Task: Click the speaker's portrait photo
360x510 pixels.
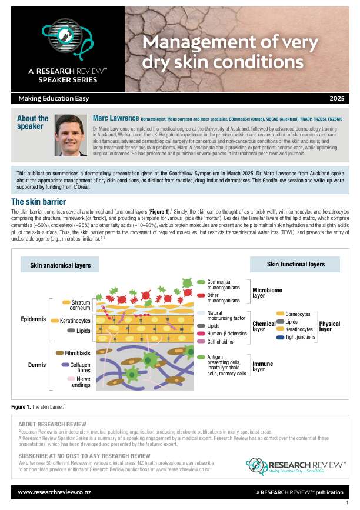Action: click(71, 132)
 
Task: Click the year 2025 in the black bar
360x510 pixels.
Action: click(337, 98)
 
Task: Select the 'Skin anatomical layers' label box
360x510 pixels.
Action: click(61, 265)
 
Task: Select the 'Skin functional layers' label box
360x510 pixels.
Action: click(295, 264)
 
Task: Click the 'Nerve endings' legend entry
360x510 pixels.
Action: click(80, 382)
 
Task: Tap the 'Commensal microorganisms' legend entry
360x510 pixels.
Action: click(224, 285)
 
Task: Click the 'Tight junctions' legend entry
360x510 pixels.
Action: click(300, 337)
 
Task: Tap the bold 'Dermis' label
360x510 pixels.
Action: click(36, 365)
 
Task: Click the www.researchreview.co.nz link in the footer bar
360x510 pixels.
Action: click(49, 491)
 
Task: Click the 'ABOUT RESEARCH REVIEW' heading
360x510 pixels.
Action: click(52, 424)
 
